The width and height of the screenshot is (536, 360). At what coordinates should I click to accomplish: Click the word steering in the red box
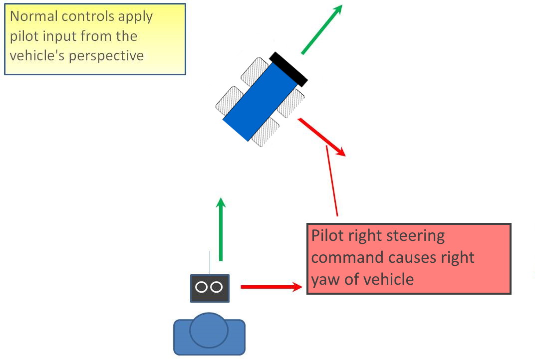tap(411, 236)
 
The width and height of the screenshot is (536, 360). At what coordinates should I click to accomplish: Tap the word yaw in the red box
tap(324, 279)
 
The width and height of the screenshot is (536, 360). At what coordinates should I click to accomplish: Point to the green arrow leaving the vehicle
tap(321, 29)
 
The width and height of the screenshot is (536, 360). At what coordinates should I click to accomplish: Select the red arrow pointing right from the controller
tap(271, 287)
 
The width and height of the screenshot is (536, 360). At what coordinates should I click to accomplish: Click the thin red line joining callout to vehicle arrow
tap(332, 182)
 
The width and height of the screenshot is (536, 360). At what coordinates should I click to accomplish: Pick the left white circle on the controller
tap(202, 287)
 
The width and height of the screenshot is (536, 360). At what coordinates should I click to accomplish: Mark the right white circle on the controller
tap(217, 287)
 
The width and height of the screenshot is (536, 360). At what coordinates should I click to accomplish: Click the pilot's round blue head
tap(209, 330)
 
